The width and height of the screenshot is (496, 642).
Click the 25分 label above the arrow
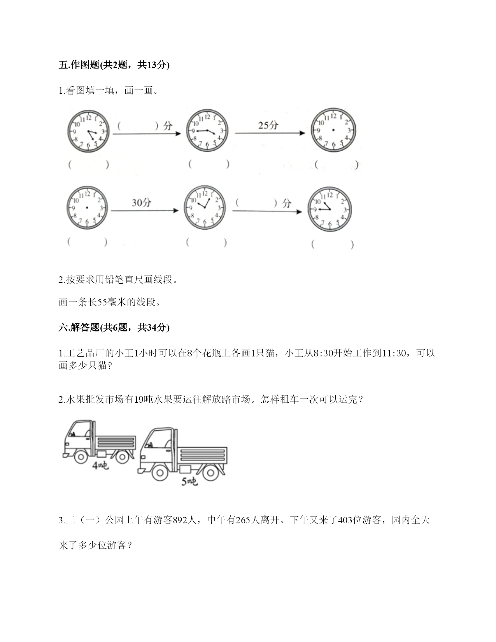(x=268, y=126)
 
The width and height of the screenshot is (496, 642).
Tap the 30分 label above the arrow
(x=142, y=203)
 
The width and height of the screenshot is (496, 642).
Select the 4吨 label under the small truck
(x=100, y=466)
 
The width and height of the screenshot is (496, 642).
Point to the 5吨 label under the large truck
(x=189, y=482)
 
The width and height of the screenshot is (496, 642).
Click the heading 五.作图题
(x=79, y=65)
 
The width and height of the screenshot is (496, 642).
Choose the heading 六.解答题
(x=79, y=327)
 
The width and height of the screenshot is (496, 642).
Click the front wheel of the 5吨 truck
(x=160, y=472)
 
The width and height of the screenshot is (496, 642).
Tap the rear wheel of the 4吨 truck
(x=122, y=457)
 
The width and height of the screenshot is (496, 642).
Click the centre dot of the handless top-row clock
(x=333, y=130)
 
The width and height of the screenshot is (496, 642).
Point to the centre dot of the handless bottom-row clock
(x=87, y=208)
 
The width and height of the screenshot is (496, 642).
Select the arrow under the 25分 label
(x=270, y=133)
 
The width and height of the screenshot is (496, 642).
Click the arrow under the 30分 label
(x=145, y=210)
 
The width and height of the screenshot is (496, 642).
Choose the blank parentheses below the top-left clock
(x=89, y=165)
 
